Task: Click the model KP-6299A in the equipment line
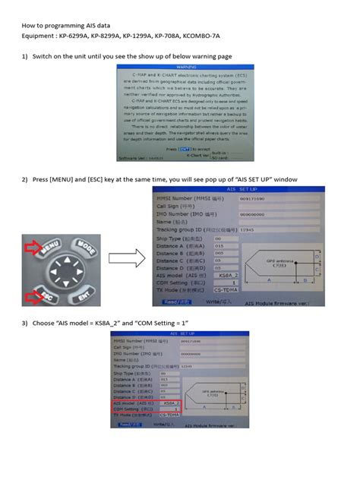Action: [80, 35]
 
